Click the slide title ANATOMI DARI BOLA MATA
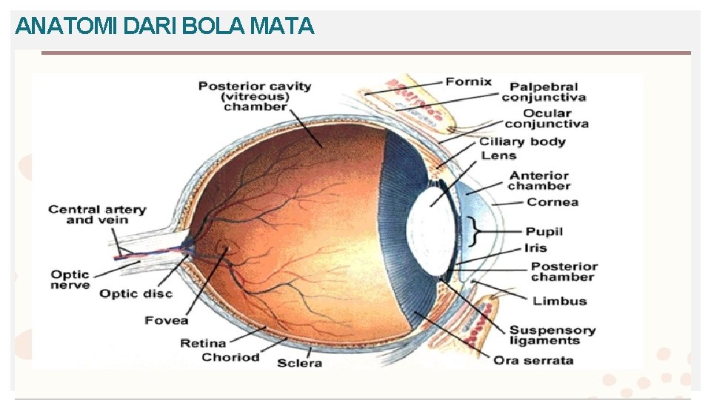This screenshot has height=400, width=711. coord(164,27)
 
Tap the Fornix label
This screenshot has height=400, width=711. coord(468,81)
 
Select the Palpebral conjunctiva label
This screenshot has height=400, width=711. coord(544,92)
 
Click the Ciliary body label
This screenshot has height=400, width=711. coord(522,141)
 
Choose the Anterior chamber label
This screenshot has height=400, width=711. coord(538,181)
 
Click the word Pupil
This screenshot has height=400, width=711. coord(544,231)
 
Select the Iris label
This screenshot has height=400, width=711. coord(535,247)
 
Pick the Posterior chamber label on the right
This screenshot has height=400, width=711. coord(564,271)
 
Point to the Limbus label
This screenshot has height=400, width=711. coord(559,301)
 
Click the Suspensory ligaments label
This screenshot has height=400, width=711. coord(552,336)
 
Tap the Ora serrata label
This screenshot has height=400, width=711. coord(533,360)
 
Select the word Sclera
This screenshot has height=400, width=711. coord(299,363)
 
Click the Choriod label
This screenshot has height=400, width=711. coord(231,357)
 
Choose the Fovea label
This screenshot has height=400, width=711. coord(167,320)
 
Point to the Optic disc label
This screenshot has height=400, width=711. coord(136,293)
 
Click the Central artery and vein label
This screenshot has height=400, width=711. coord(97,215)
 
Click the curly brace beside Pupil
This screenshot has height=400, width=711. coord(474,230)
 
